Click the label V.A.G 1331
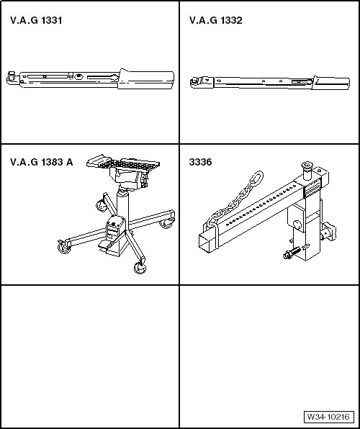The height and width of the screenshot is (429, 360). (x=36, y=21)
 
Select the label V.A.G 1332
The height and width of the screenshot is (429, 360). (x=216, y=21)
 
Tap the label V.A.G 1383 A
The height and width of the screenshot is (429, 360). (x=42, y=162)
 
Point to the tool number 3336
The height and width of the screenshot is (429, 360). (x=200, y=162)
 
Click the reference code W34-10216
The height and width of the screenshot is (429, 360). (x=328, y=417)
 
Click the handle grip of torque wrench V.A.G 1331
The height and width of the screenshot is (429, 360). (x=146, y=79)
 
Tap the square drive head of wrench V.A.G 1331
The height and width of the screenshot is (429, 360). (x=12, y=76)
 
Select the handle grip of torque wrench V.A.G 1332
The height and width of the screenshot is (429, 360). (x=331, y=82)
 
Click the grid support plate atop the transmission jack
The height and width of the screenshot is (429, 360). (x=123, y=163)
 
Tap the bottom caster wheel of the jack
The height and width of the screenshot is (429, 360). (x=140, y=268)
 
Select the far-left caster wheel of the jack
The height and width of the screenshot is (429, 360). (x=63, y=248)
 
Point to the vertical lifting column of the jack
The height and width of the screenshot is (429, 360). (x=122, y=204)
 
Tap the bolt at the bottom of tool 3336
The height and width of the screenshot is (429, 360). (x=292, y=253)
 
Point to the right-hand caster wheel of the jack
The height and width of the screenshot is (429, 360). (x=166, y=223)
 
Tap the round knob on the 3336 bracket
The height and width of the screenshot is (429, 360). (x=297, y=225)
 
